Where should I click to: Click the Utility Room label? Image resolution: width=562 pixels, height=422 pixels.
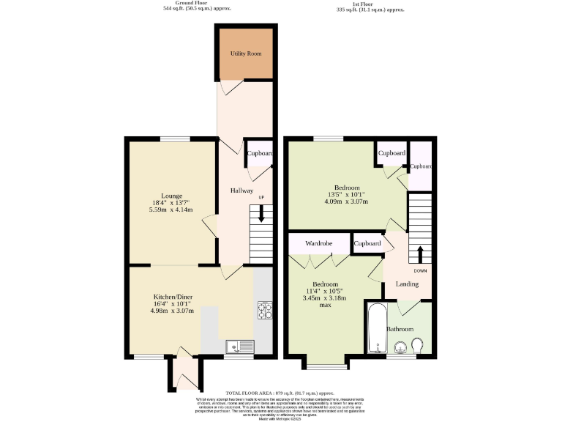click(245, 54)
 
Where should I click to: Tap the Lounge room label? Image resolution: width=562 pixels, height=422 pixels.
click(172, 196)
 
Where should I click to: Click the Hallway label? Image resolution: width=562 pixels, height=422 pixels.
click(242, 190)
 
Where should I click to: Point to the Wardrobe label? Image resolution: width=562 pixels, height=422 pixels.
click(319, 243)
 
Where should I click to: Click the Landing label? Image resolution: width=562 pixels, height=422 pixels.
click(407, 284)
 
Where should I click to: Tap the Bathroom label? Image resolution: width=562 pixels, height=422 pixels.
click(400, 330)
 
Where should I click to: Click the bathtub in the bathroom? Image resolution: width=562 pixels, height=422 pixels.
click(375, 328)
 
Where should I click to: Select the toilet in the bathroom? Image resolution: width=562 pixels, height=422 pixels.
click(418, 345)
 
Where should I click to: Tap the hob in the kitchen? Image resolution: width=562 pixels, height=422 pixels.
click(264, 311)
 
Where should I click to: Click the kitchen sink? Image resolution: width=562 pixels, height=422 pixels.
click(239, 345)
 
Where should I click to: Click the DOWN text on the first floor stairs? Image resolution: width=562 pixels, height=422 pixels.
click(420, 270)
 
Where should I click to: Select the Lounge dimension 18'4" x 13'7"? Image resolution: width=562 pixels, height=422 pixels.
click(172, 204)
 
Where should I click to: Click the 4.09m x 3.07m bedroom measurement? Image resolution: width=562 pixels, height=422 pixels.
click(347, 202)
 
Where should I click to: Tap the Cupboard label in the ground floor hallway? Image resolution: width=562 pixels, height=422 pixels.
click(260, 154)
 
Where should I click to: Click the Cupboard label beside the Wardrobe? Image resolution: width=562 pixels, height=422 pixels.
click(367, 243)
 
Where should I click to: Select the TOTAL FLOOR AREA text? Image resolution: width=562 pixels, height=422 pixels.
click(280, 393)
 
